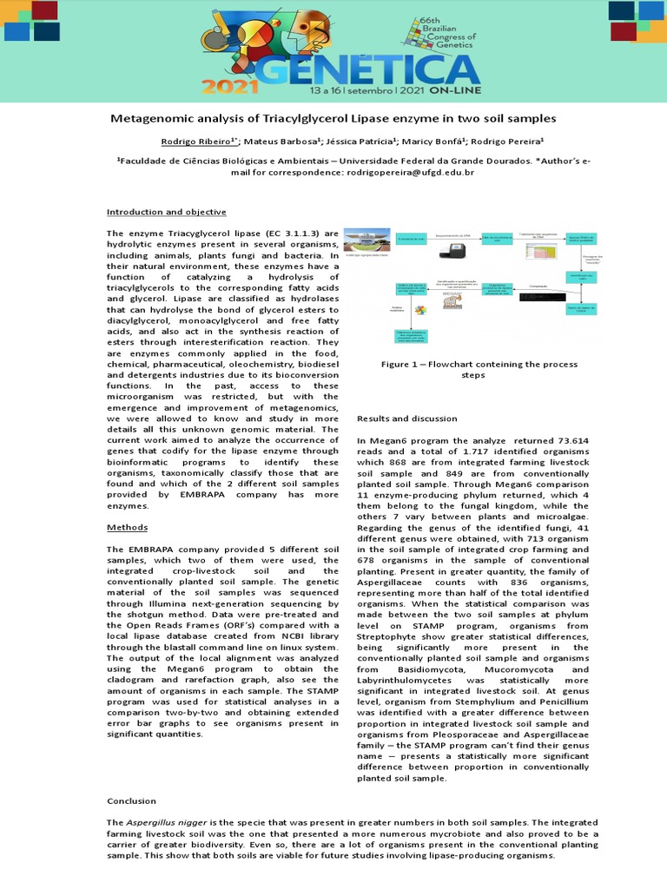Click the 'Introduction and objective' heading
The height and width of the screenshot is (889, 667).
166,212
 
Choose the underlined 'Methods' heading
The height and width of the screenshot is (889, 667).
127,527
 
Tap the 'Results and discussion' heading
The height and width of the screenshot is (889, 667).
406,418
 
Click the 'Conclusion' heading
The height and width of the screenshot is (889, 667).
131,800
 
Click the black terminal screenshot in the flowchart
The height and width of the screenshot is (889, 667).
531,297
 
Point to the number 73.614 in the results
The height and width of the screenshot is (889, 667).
571,441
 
